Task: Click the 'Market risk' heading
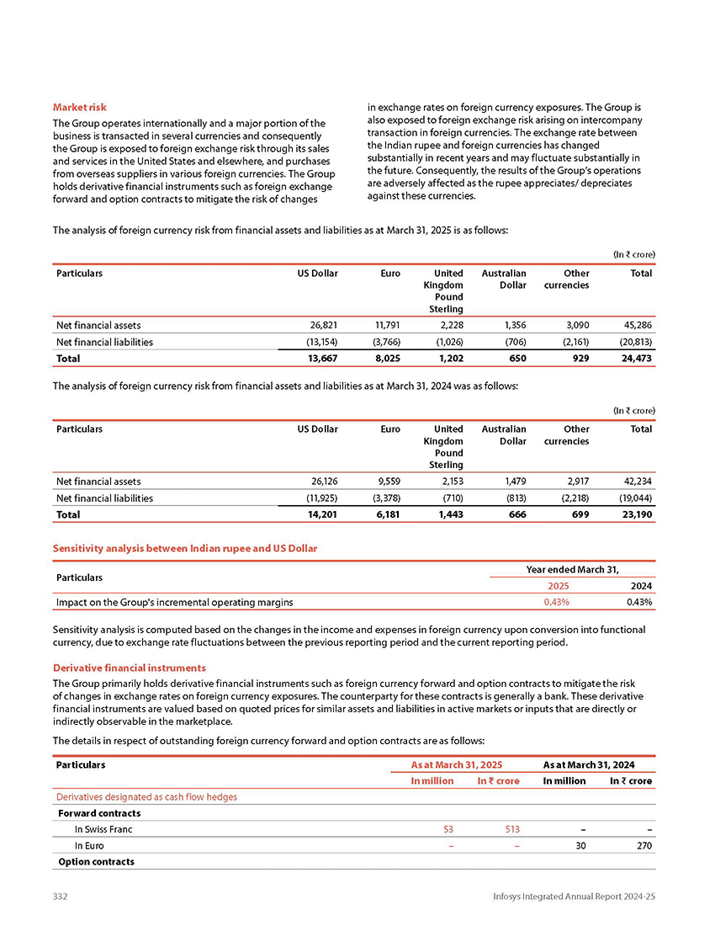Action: [79, 108]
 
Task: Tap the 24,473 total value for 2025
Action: [635, 358]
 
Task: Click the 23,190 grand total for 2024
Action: [635, 514]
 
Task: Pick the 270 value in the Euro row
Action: [644, 845]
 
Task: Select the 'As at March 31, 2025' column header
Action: [456, 764]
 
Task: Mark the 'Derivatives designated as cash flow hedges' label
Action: [146, 797]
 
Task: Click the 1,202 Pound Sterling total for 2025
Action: [448, 358]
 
